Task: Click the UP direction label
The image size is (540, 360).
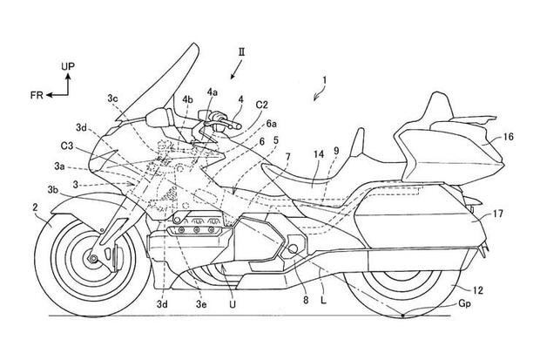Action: pos(67,65)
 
